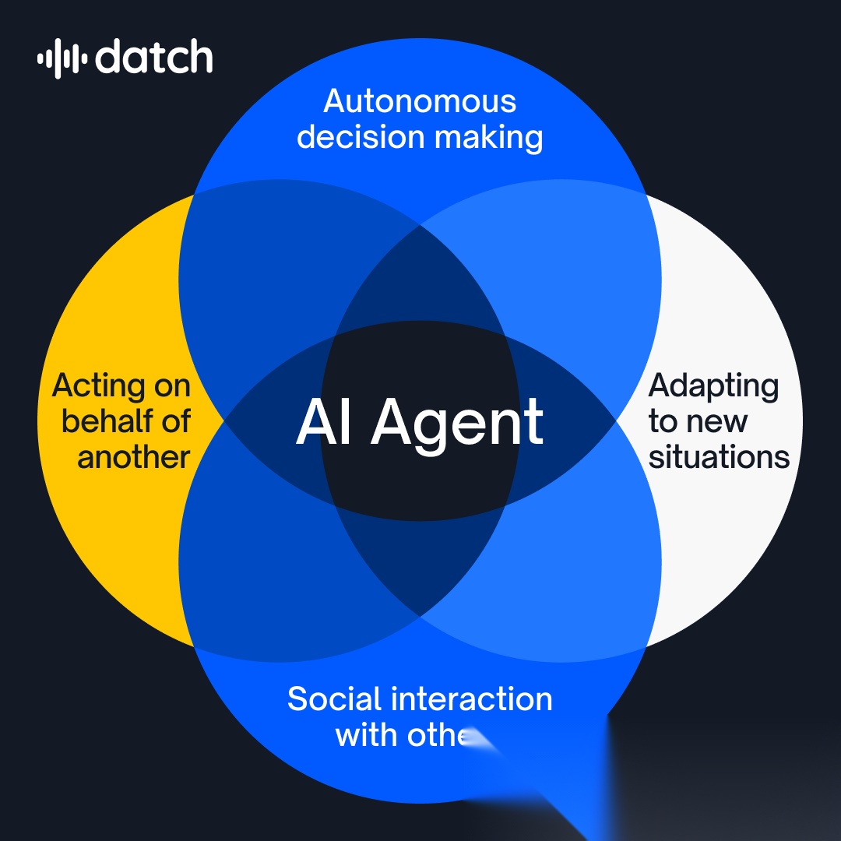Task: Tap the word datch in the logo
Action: tap(154, 58)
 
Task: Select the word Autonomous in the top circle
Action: tap(420, 101)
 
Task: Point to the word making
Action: tap(488, 138)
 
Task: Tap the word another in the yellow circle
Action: tap(133, 457)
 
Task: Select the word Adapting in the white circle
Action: tap(713, 386)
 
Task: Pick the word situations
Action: tap(719, 457)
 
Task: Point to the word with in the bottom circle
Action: tap(363, 734)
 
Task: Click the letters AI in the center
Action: tap(324, 423)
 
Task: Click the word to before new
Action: tap(663, 422)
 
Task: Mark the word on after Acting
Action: tap(171, 387)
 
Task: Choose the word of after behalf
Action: tap(172, 421)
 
